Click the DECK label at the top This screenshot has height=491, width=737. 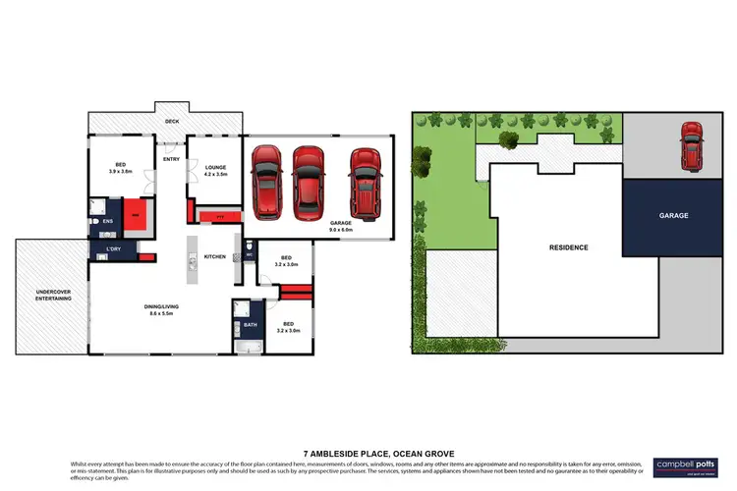pyautogui.click(x=172, y=121)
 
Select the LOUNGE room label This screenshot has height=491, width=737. pyautogui.click(x=216, y=168)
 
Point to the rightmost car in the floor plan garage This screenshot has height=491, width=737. pyautogui.click(x=365, y=183)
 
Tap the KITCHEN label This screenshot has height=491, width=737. pyautogui.click(x=214, y=256)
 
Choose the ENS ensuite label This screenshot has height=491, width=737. pyautogui.click(x=108, y=221)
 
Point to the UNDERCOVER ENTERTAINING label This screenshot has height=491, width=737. pyautogui.click(x=53, y=294)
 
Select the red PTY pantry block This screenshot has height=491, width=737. pyautogui.click(x=220, y=214)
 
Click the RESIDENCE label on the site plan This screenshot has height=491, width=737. pyautogui.click(x=568, y=247)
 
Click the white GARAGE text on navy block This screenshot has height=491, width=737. pyautogui.click(x=672, y=215)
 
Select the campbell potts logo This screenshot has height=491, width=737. pyautogui.click(x=681, y=464)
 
